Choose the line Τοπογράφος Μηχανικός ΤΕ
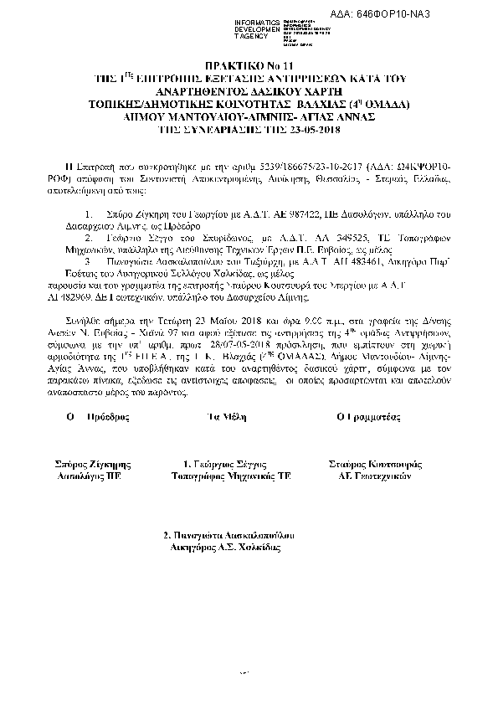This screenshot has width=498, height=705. click(x=224, y=474)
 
